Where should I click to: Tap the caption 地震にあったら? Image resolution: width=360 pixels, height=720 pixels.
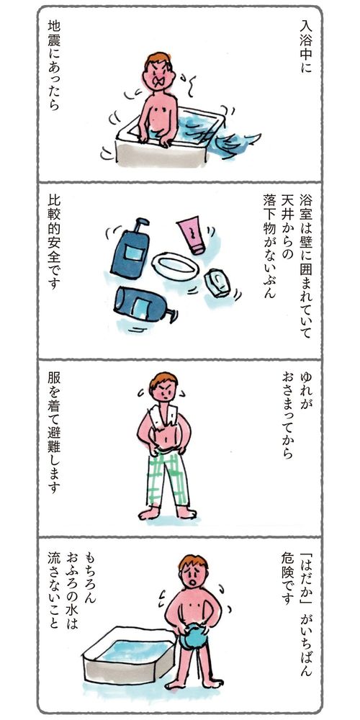coord(54,66)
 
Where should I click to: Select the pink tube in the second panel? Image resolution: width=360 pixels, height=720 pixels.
coord(192,235)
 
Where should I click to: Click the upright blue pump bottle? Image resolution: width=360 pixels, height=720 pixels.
coord(130,248)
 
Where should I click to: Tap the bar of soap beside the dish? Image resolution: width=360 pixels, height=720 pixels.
coord(217,283)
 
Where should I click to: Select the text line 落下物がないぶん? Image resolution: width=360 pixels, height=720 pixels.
coord(269,246)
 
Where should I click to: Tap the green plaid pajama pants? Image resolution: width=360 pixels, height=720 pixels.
coord(168,478)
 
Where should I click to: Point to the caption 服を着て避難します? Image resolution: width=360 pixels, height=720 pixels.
coord(54,433)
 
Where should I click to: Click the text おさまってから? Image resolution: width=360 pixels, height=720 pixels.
coord(287,415)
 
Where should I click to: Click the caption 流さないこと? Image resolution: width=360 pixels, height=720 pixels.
coord(54,596)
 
